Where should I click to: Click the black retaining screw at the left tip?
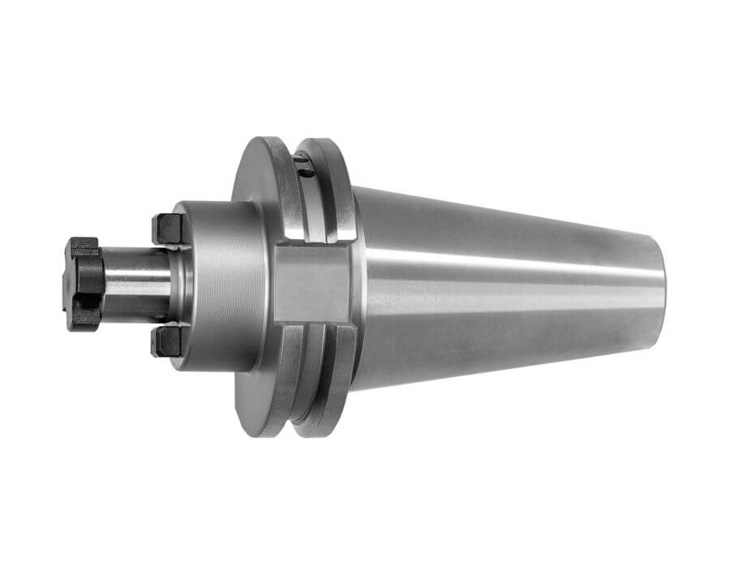click(x=84, y=283)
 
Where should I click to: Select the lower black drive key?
click(x=168, y=341)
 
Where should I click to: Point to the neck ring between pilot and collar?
click(x=180, y=284)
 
